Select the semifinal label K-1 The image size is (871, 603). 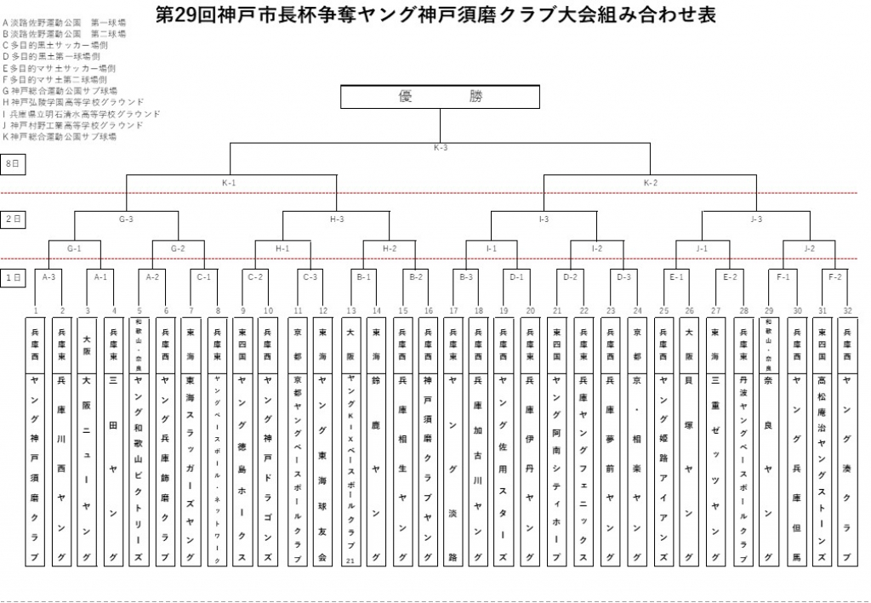pyautogui.click(x=229, y=183)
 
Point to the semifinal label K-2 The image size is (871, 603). pyautogui.click(x=651, y=183)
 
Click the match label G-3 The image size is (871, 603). pyautogui.click(x=126, y=219)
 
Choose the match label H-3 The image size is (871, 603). pyautogui.click(x=336, y=219)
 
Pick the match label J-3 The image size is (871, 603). pyautogui.click(x=755, y=219)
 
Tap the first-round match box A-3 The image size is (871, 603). pyautogui.click(x=48, y=277)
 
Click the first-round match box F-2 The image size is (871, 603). pyautogui.click(x=834, y=277)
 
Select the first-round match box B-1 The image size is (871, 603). pyautogui.click(x=363, y=277)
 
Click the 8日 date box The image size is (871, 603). pyautogui.click(x=12, y=163)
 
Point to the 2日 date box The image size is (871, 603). pyautogui.click(x=12, y=219)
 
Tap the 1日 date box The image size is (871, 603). pyautogui.click(x=12, y=277)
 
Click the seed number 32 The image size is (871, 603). pyautogui.click(x=847, y=310)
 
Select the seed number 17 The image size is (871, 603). pyautogui.click(x=453, y=310)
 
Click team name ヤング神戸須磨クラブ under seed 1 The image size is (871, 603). pyautogui.click(x=36, y=468)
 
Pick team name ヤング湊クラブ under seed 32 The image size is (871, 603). pyautogui.click(x=847, y=468)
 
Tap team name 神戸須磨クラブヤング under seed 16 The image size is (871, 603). pyautogui.click(x=428, y=468)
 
